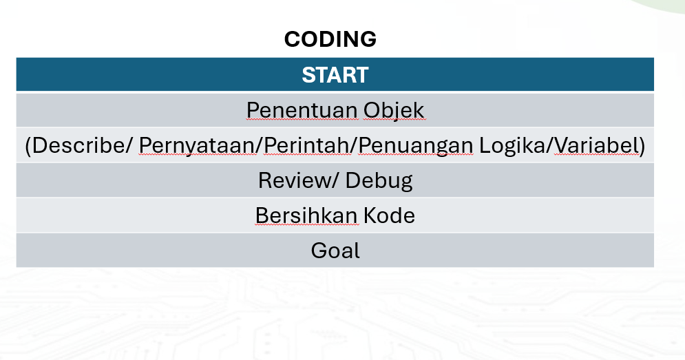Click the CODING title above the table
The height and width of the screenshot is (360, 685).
click(330, 39)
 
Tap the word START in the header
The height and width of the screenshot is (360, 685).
click(335, 75)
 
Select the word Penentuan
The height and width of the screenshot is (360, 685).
click(302, 110)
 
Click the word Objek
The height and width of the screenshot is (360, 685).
click(394, 111)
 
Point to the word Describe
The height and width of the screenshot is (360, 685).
click(78, 145)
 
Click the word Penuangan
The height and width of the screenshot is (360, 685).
click(415, 146)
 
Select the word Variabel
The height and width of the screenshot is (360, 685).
click(596, 145)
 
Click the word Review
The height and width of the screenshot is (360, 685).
click(295, 180)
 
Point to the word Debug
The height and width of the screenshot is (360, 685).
click(379, 181)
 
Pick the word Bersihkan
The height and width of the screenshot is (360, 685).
click(306, 215)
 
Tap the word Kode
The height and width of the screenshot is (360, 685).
click(389, 215)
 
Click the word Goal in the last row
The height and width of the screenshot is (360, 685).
click(335, 251)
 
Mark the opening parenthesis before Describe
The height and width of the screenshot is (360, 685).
click(28, 145)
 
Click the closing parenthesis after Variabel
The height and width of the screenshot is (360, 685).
click(642, 145)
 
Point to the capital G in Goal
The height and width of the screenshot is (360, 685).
click(319, 251)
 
